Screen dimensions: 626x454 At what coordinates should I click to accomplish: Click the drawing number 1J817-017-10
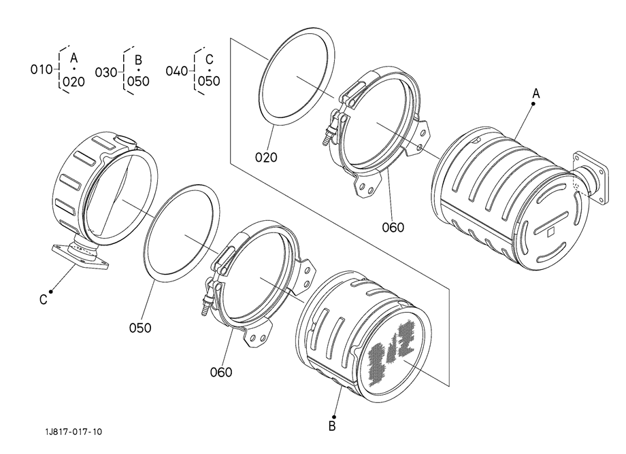click(73, 432)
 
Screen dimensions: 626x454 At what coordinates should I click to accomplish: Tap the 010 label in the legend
click(42, 69)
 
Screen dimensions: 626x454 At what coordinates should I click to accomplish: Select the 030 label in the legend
click(105, 73)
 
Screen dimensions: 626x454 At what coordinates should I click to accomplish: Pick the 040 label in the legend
click(177, 71)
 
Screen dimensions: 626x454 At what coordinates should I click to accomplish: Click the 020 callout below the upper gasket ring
click(266, 158)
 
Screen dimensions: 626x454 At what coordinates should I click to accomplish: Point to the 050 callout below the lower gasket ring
click(140, 328)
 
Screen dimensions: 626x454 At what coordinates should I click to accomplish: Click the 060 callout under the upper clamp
click(393, 228)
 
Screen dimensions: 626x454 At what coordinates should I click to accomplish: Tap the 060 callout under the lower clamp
click(221, 372)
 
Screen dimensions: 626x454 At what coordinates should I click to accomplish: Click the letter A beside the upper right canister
click(536, 94)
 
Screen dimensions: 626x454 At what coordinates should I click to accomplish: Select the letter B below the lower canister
click(332, 426)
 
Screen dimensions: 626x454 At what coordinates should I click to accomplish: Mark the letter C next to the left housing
click(44, 299)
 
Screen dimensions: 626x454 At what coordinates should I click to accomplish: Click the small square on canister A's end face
click(551, 231)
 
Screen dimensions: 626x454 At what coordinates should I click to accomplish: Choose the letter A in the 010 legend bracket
click(73, 58)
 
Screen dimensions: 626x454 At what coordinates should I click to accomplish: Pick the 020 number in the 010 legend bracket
click(74, 82)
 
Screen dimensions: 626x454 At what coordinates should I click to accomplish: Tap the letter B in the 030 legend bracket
click(138, 60)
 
